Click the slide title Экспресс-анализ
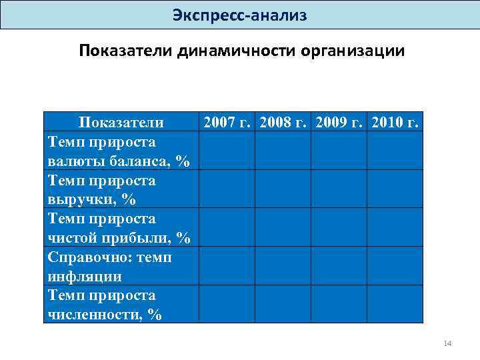239,15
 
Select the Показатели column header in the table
121,122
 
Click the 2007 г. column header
227,122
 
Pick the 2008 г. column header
283,122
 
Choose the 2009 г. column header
339,122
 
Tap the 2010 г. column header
395,122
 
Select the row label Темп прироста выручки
102,189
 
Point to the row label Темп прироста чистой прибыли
119,228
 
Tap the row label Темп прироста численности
105,305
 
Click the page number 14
447,344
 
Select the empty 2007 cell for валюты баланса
227,151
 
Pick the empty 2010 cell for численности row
395,304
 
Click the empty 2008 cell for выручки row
283,189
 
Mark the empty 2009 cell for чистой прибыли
339,227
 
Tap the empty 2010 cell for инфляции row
395,266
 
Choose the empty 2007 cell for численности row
227,304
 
